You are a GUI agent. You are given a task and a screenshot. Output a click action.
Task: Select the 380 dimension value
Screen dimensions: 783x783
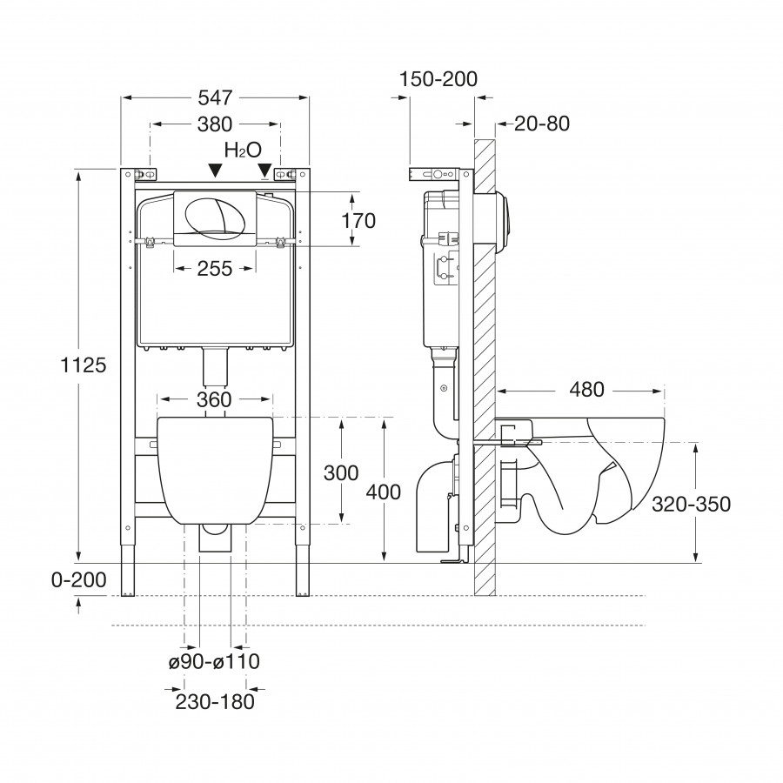pos(214,124)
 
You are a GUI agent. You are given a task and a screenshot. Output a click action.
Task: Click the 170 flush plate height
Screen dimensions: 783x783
pos(358,221)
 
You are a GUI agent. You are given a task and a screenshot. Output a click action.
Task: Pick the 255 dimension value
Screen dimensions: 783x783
pos(214,269)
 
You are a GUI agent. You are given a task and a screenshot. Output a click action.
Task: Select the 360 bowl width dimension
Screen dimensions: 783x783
pos(214,399)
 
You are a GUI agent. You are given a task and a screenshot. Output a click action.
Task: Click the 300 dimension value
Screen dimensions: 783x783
pos(340,473)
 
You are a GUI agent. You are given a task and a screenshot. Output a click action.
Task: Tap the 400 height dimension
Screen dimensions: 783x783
pos(383,492)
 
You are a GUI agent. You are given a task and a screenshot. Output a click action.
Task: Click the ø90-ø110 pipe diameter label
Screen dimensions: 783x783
pos(214,662)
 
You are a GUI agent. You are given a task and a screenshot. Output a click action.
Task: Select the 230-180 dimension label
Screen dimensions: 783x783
pos(213,702)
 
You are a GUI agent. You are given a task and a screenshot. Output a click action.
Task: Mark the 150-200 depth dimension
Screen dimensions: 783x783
pos(438,79)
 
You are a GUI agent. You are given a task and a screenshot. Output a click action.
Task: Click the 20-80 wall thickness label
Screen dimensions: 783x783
pos(541,124)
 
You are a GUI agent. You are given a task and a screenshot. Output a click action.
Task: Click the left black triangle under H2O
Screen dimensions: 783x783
pos(215,173)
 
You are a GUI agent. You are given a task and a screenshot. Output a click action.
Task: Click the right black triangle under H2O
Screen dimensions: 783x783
pos(264,173)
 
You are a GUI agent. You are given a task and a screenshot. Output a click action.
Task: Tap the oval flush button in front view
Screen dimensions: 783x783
pos(214,215)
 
